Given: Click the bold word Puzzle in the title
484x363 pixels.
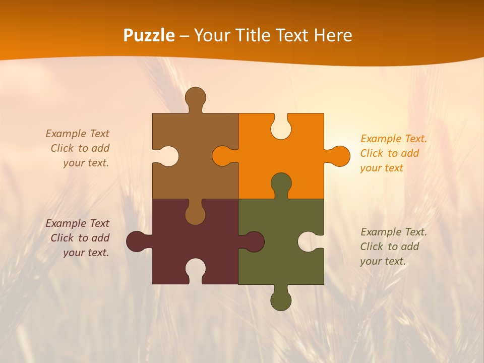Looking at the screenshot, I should coord(149,35).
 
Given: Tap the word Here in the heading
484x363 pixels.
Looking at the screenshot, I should coord(333,35).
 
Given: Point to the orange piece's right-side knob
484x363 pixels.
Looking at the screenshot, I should coord(339,156).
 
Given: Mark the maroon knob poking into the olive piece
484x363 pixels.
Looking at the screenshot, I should coord(254,241).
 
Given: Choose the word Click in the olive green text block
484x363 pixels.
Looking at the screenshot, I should coord(372,247).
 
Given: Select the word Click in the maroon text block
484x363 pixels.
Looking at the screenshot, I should coord(62,238).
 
